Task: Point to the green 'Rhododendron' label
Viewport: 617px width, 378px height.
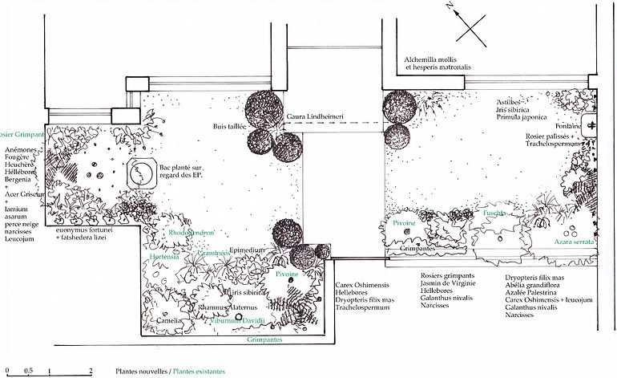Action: click(x=192, y=233)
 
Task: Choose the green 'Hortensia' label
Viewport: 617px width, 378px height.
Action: click(x=164, y=257)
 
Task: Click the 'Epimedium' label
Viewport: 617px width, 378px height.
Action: click(x=247, y=250)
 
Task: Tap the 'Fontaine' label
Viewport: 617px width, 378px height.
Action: click(x=565, y=126)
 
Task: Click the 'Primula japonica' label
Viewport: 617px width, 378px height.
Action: click(x=520, y=116)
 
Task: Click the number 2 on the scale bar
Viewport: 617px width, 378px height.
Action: click(x=91, y=372)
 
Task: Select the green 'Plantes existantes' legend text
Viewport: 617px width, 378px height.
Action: click(x=198, y=372)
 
